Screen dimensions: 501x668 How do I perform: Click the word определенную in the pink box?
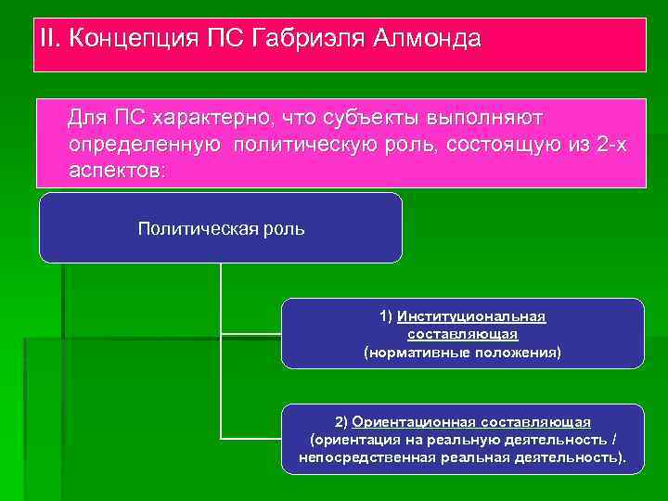click(x=144, y=146)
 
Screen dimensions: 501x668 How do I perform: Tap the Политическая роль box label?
click(x=221, y=228)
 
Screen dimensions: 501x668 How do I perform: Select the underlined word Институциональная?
click(x=471, y=316)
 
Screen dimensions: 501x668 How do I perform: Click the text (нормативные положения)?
click(x=462, y=353)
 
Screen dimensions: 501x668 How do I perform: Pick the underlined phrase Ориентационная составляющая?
click(x=471, y=421)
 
